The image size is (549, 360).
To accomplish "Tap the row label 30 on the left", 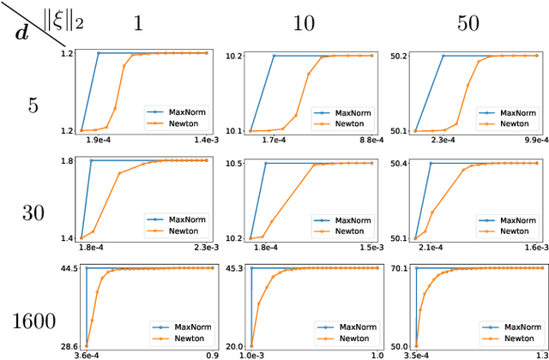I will point(32,214).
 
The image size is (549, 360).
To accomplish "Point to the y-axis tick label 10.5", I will point(234,163).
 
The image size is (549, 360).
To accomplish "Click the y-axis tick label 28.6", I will point(69,346).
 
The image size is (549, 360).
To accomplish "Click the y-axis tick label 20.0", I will point(234,346).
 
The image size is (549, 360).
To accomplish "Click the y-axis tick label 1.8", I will point(71,160).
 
